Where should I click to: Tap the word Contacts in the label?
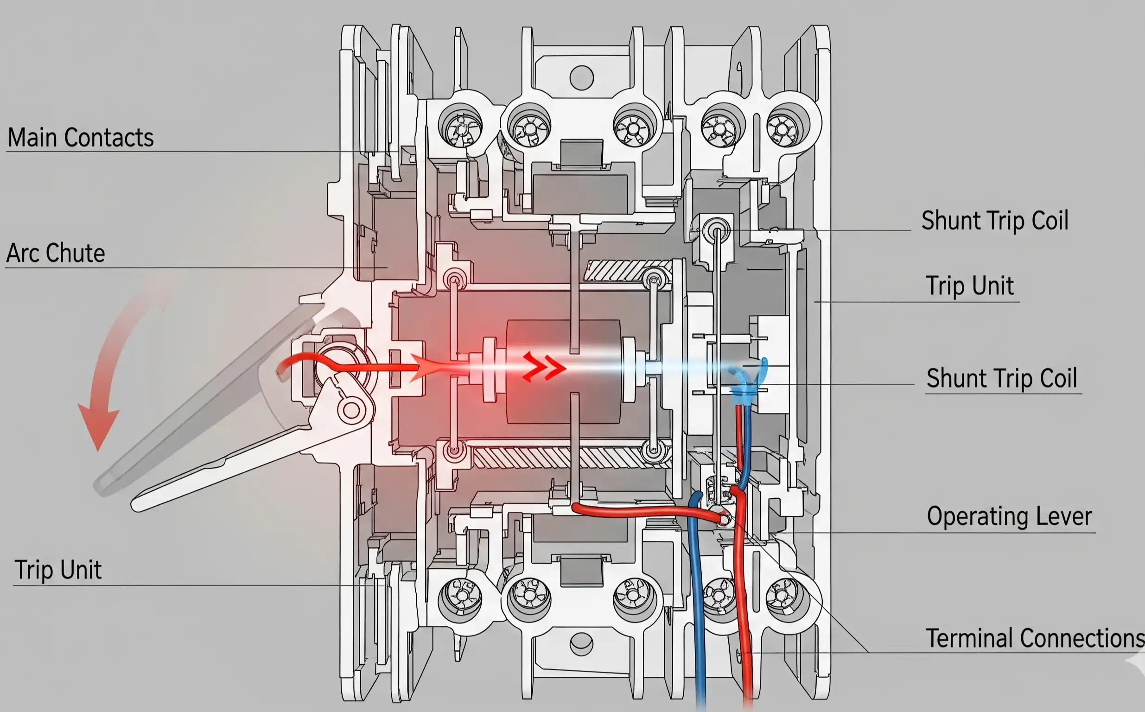click(x=109, y=138)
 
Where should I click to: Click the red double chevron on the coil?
click(x=544, y=366)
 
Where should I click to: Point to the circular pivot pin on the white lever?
click(x=351, y=410)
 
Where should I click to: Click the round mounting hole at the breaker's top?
click(x=581, y=77)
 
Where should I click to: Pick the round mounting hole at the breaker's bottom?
click(x=581, y=644)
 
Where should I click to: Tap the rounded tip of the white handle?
click(x=138, y=505)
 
